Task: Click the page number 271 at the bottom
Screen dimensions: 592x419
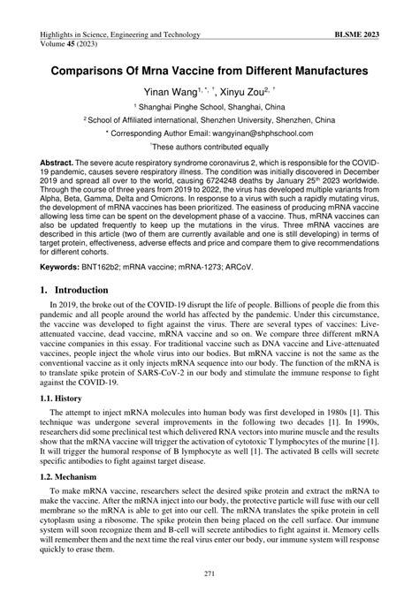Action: click(x=209, y=573)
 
